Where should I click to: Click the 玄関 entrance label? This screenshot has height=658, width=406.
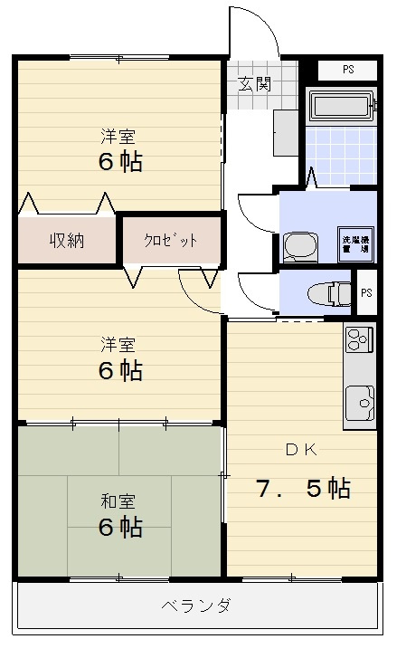tap(254, 85)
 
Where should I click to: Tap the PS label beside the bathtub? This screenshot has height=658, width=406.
tap(347, 70)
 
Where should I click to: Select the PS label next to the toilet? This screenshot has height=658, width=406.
tap(365, 292)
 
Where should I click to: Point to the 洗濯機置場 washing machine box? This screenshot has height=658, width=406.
tap(355, 243)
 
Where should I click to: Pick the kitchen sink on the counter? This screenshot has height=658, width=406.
tap(360, 400)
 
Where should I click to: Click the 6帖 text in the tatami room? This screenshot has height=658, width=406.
tap(119, 527)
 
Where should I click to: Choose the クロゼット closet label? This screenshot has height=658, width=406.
tap(170, 241)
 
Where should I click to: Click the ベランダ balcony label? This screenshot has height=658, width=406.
tap(196, 606)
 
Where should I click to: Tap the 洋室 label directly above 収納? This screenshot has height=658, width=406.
tap(118, 138)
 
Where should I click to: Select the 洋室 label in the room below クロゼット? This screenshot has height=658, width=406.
tap(118, 344)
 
